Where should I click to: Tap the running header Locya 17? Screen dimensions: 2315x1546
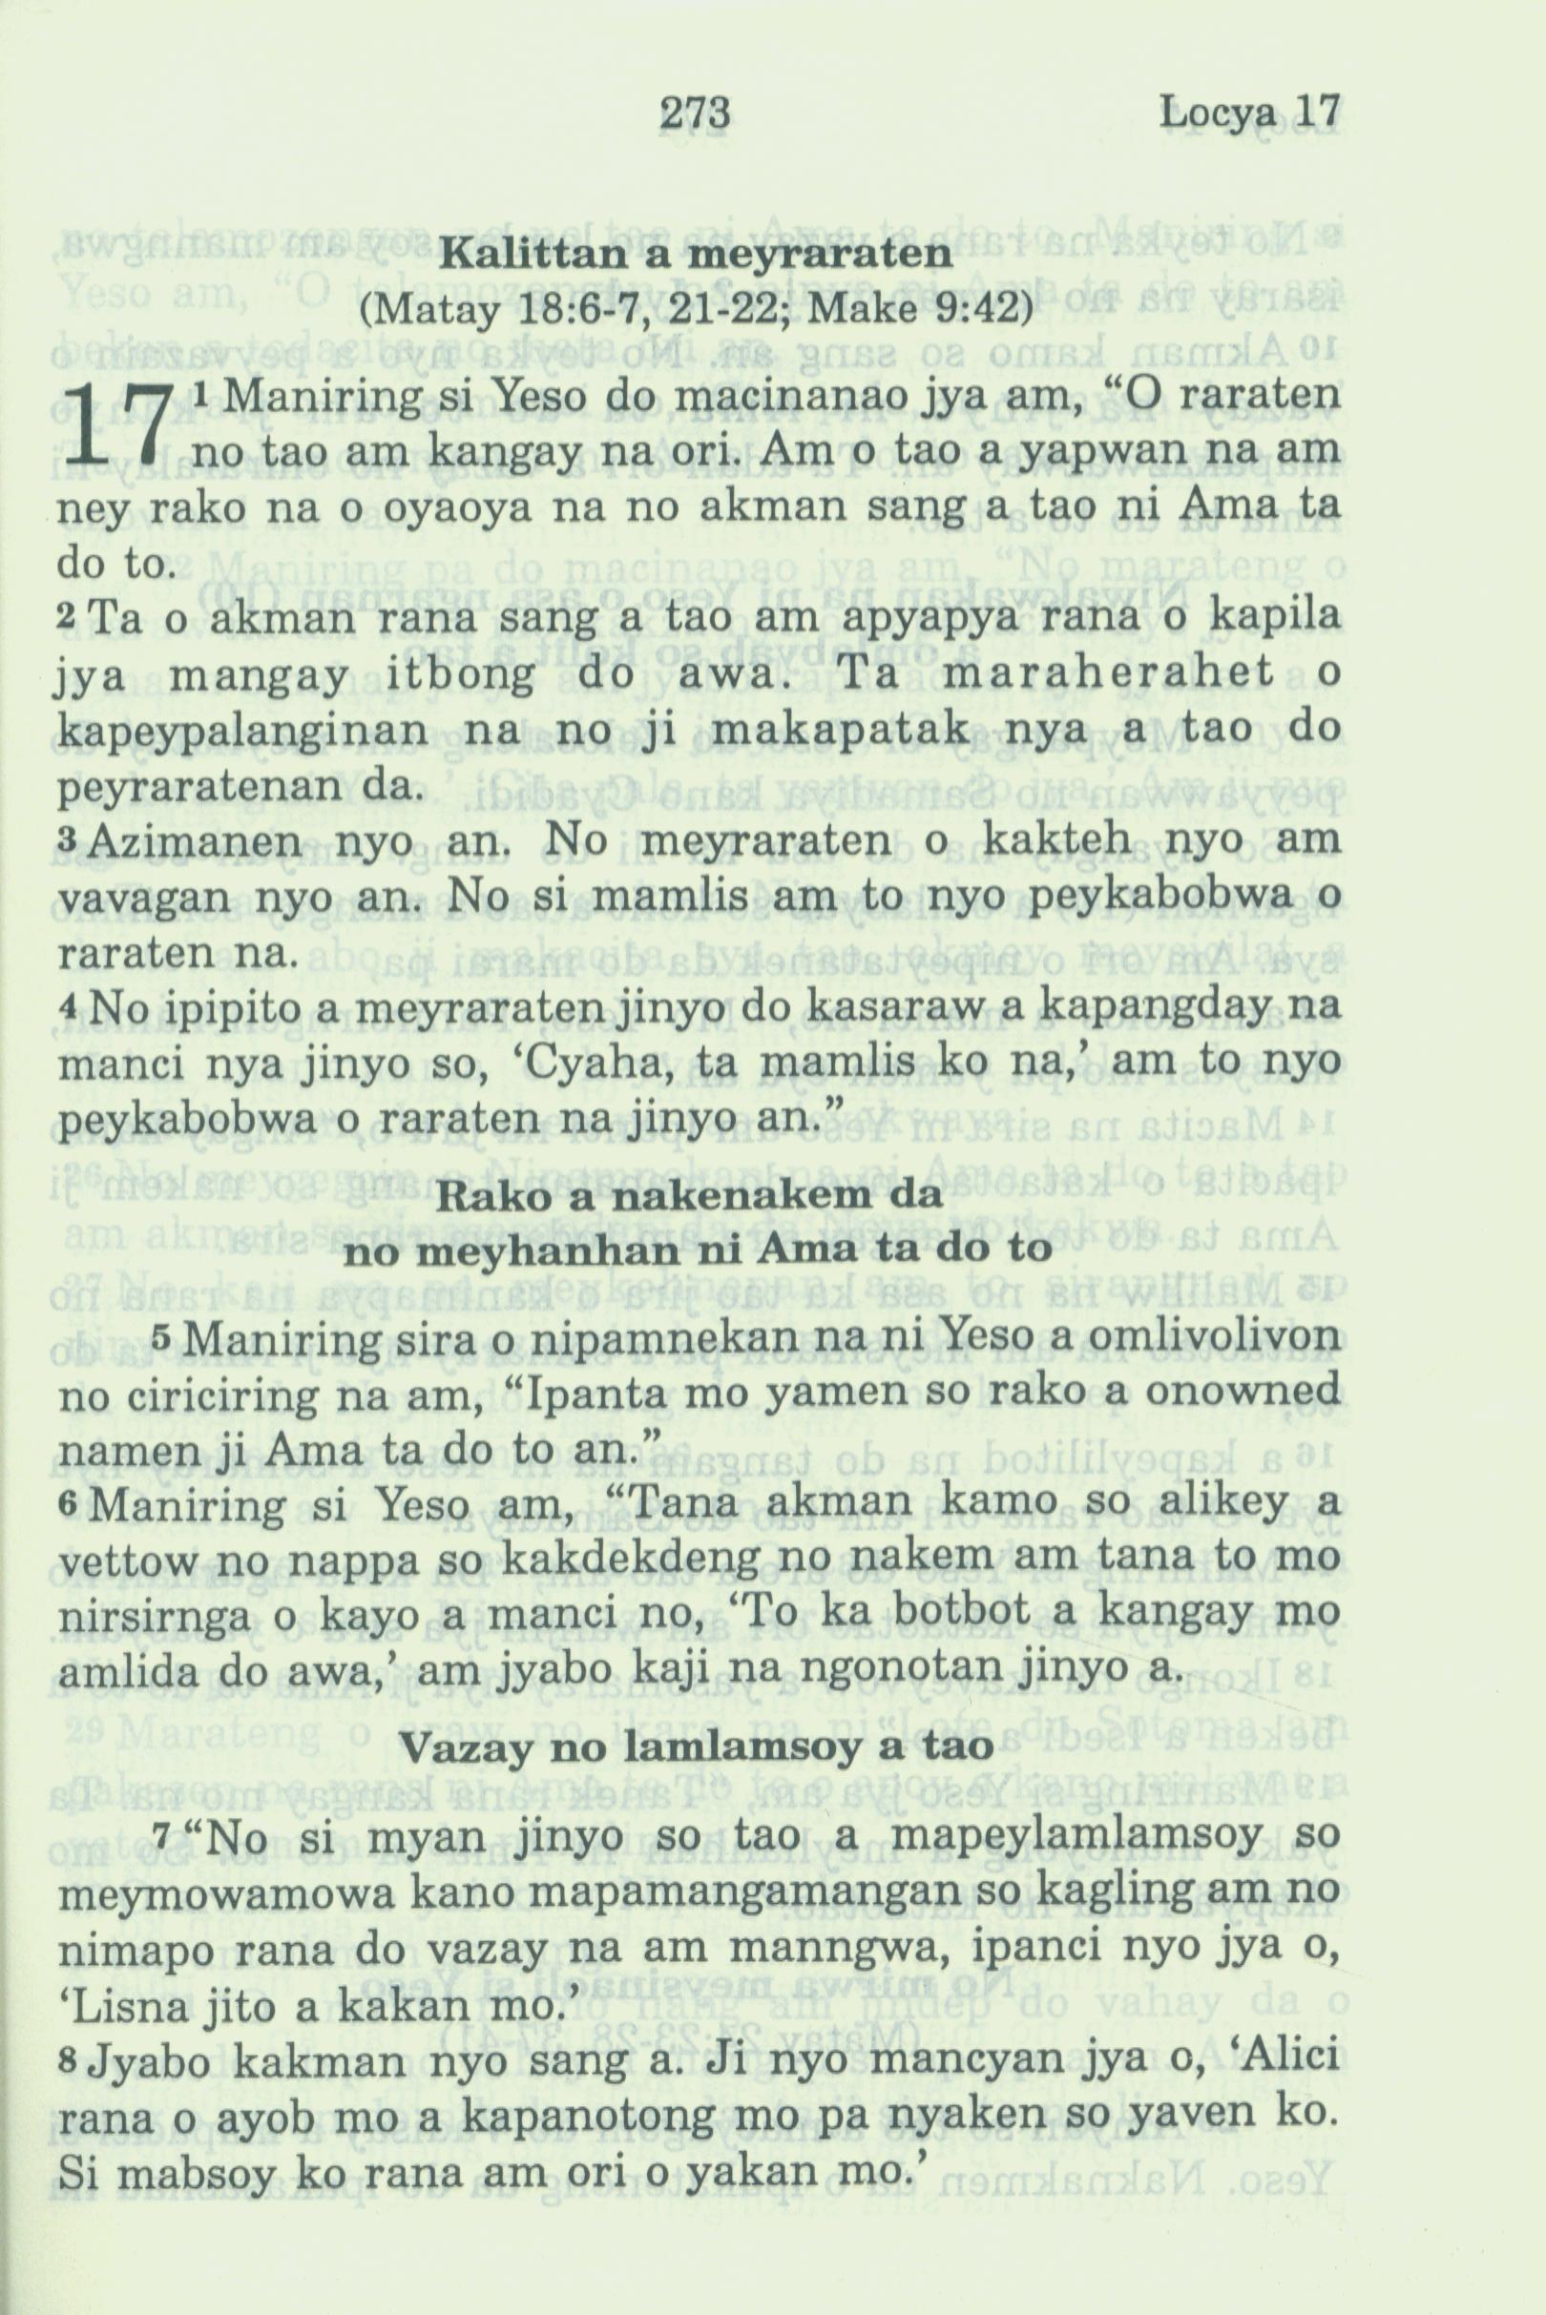pyautogui.click(x=1250, y=113)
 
